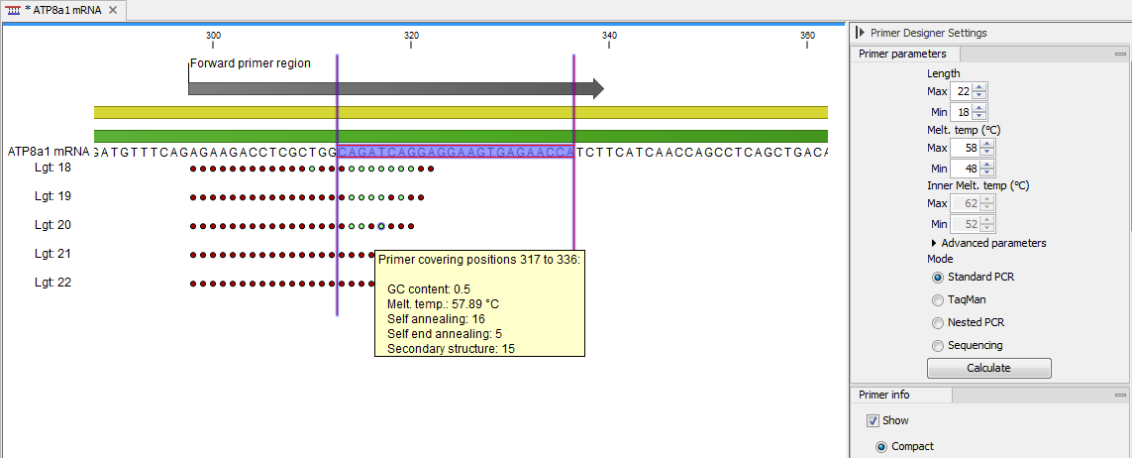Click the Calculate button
click(988, 368)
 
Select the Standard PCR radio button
click(938, 278)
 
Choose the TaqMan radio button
click(938, 300)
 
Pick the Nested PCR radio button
click(938, 323)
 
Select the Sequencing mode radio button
click(938, 346)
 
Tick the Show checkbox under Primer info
click(873, 420)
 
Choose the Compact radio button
click(881, 447)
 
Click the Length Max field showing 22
click(963, 91)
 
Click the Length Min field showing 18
click(963, 112)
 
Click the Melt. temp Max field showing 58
click(963, 148)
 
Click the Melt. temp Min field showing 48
click(963, 169)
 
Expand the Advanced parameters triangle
click(934, 243)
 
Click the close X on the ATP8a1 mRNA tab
click(112, 10)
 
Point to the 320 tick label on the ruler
click(411, 36)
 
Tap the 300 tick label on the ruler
click(213, 36)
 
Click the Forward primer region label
click(251, 63)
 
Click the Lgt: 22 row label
click(52, 283)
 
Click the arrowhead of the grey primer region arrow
click(597, 88)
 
